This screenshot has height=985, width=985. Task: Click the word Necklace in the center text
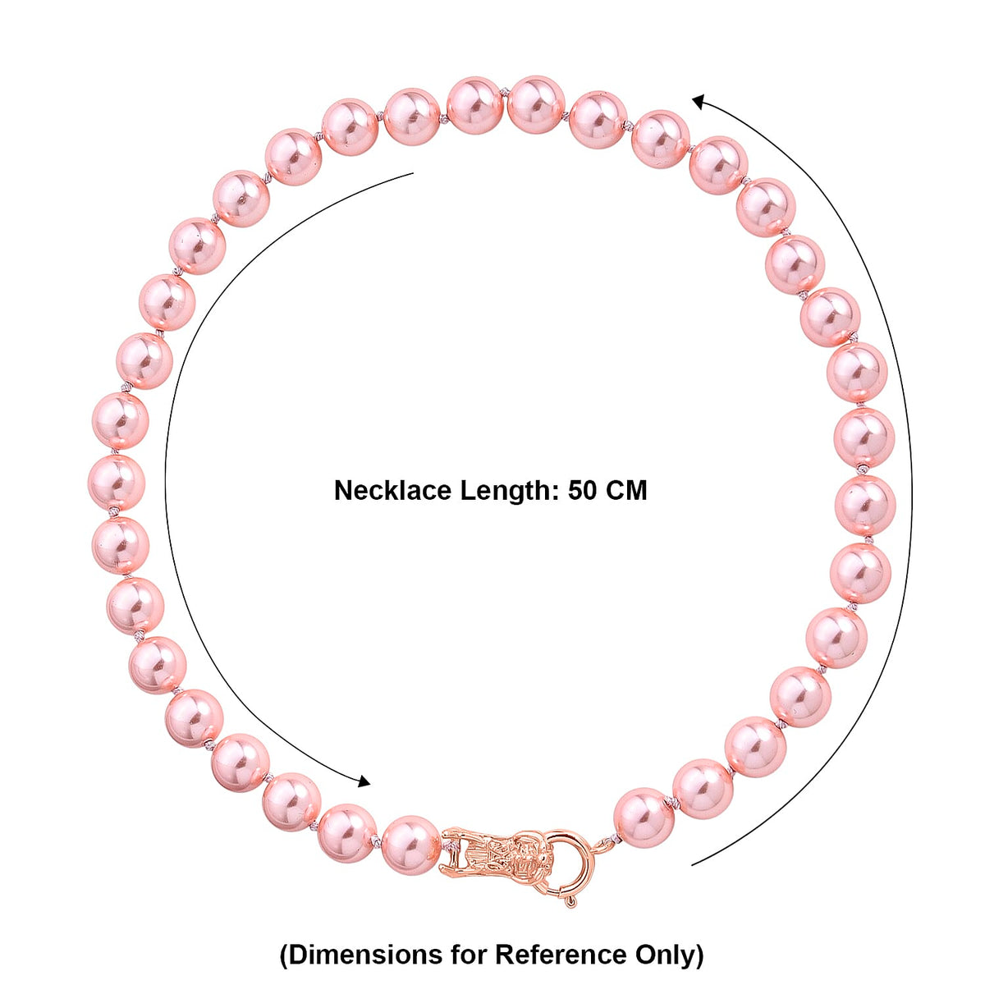point(392,490)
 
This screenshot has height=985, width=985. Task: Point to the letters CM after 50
point(626,491)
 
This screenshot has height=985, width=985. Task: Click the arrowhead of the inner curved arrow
point(364,781)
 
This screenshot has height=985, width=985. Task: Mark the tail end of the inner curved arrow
point(413,173)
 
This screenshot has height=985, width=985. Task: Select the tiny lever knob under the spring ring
point(571,901)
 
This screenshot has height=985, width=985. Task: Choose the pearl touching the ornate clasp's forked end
point(411,846)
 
